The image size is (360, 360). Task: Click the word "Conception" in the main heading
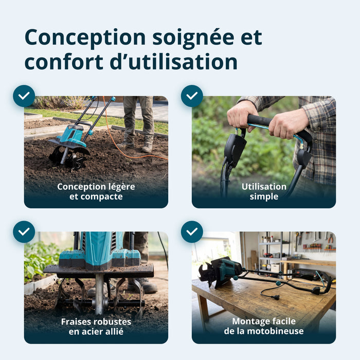click(85, 38)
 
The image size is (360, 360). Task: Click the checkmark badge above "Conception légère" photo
click(24, 96)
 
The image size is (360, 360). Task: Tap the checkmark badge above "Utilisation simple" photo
click(192, 96)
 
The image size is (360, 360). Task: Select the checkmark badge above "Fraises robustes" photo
click(24, 231)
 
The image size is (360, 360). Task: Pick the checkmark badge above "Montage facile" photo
click(192, 231)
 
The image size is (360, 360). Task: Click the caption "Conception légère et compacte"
click(96, 191)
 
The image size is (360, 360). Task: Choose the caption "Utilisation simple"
click(264, 191)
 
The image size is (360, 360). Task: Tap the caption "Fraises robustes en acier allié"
click(96, 327)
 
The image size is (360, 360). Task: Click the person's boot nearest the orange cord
click(147, 147)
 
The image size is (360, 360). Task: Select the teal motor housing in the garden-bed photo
click(71, 136)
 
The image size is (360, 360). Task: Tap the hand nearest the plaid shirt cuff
click(288, 124)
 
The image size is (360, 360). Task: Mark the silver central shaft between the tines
click(99, 294)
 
